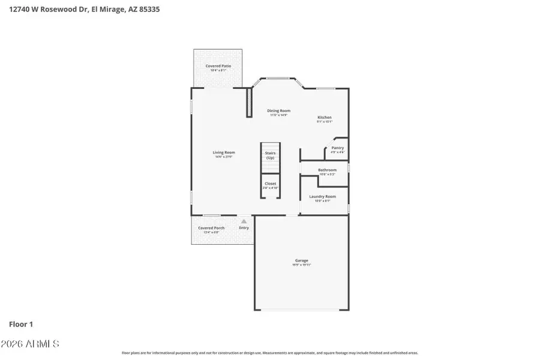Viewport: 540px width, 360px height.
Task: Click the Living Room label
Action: (223, 152)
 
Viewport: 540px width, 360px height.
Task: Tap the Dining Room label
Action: (278, 110)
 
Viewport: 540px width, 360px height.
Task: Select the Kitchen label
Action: (324, 118)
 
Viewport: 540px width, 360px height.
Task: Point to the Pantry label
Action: (337, 148)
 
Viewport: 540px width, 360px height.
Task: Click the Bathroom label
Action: (327, 170)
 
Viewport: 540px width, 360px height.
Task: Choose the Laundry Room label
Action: (322, 196)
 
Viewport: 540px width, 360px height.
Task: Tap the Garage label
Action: (301, 260)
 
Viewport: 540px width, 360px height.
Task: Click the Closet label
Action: (270, 184)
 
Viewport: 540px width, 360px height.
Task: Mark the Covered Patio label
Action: (218, 66)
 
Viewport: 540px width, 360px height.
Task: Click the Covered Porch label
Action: (211, 228)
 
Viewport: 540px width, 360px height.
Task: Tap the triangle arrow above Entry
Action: (244, 221)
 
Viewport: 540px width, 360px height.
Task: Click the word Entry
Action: (244, 228)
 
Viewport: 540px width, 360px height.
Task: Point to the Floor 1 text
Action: (20, 324)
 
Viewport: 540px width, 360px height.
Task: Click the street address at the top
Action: (84, 9)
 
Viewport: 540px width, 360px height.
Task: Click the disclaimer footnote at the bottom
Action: (269, 353)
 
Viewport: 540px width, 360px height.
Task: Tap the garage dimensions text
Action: (301, 265)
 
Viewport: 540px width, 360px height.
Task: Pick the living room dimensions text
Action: (223, 157)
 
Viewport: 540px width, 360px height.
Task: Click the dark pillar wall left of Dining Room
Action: (249, 103)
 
